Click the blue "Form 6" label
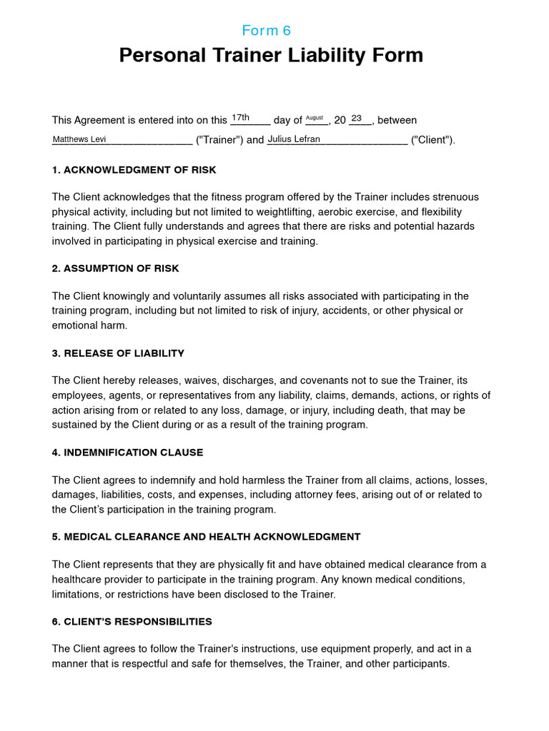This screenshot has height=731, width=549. (x=267, y=31)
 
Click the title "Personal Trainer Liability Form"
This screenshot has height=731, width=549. (x=271, y=56)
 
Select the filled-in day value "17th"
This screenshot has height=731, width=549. (x=240, y=118)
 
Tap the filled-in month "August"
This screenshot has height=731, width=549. (x=315, y=118)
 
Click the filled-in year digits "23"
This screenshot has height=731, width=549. (x=356, y=118)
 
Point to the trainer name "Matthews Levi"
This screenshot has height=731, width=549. (x=79, y=139)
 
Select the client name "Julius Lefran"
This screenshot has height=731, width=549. (x=294, y=139)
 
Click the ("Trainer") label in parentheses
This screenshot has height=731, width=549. (x=219, y=141)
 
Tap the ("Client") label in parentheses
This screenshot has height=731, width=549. (x=432, y=141)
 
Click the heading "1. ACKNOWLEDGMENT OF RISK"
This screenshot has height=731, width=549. (x=134, y=170)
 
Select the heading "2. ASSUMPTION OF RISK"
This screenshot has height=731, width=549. (x=115, y=268)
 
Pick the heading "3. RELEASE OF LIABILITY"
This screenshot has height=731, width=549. (x=118, y=353)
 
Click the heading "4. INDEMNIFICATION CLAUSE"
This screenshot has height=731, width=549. (x=127, y=453)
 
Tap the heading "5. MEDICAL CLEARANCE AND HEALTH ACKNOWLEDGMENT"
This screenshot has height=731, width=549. (x=206, y=537)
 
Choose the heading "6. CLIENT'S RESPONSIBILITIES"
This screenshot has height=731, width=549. (x=132, y=622)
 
